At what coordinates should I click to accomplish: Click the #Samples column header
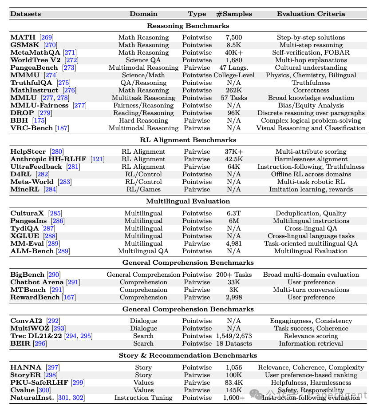coord(234,14)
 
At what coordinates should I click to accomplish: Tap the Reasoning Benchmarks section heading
coord(188,26)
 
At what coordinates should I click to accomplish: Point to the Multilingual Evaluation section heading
coord(188,201)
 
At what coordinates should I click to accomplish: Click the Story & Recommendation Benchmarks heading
coord(188,355)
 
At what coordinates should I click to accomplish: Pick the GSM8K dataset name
coord(24,45)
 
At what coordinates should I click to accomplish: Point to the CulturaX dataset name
coord(27,213)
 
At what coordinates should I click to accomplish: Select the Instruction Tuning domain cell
coord(143,398)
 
